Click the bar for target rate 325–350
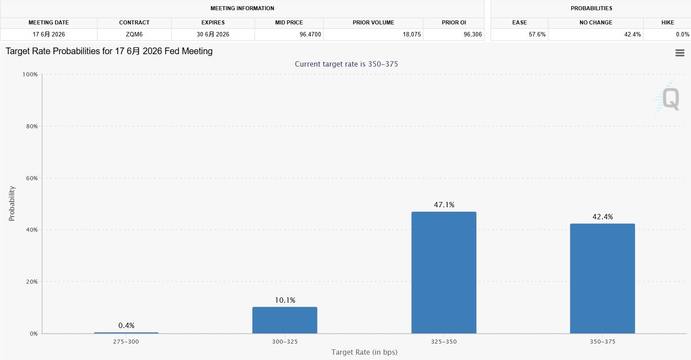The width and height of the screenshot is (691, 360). pyautogui.click(x=444, y=273)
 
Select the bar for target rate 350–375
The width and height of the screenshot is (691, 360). pyautogui.click(x=602, y=278)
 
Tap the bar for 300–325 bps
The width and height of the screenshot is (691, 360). pyautogui.click(x=285, y=320)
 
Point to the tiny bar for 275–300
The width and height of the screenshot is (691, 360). pyautogui.click(x=126, y=333)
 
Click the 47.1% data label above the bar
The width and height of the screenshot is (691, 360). pyautogui.click(x=444, y=205)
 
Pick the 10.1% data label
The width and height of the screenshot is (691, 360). pyautogui.click(x=285, y=300)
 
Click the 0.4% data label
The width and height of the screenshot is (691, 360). pyautogui.click(x=127, y=325)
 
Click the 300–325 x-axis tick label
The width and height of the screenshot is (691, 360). pyautogui.click(x=285, y=341)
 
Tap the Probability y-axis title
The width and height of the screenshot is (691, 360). pyautogui.click(x=12, y=203)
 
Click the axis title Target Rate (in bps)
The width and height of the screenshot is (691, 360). pyautogui.click(x=364, y=352)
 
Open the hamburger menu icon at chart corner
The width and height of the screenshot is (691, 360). pyautogui.click(x=679, y=53)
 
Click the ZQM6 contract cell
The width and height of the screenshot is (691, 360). pyautogui.click(x=134, y=34)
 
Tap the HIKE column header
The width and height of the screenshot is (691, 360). pyautogui.click(x=667, y=22)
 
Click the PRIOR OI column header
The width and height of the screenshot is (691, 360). pyautogui.click(x=454, y=22)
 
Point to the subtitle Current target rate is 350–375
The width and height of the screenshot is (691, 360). pyautogui.click(x=346, y=64)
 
